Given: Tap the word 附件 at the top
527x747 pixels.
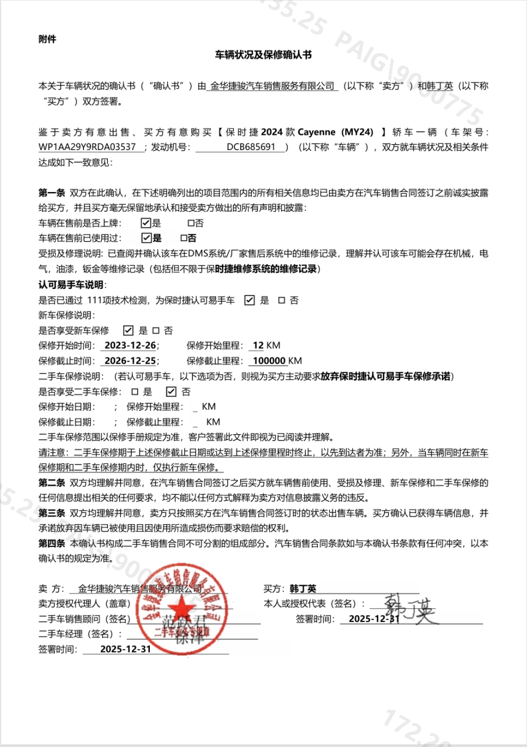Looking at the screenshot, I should (47, 39).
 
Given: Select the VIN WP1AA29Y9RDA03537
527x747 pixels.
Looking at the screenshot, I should (87, 147).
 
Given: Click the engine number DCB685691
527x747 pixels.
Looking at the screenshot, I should (251, 147).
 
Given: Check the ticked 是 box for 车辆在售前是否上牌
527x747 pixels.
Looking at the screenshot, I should (146, 223).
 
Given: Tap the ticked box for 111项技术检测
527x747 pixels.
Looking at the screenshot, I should (250, 300).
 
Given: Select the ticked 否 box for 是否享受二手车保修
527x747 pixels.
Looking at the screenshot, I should (171, 392).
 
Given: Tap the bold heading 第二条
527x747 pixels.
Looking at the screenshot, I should (51, 483).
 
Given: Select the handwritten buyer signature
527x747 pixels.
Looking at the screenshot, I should (409, 609).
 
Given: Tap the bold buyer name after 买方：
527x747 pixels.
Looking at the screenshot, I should (303, 589).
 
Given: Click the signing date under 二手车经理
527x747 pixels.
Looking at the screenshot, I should (126, 649).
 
